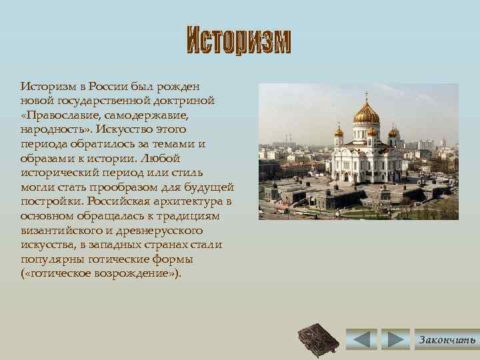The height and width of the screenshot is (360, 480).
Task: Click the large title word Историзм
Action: point(238,41)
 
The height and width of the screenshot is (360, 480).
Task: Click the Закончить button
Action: point(446,339)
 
